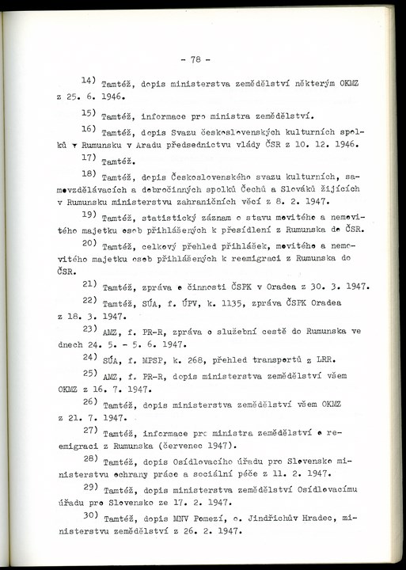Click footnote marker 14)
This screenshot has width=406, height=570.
(89, 82)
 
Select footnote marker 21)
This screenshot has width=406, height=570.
(89, 284)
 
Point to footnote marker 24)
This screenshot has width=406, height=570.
(89, 356)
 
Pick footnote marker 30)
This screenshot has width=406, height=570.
(89, 516)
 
